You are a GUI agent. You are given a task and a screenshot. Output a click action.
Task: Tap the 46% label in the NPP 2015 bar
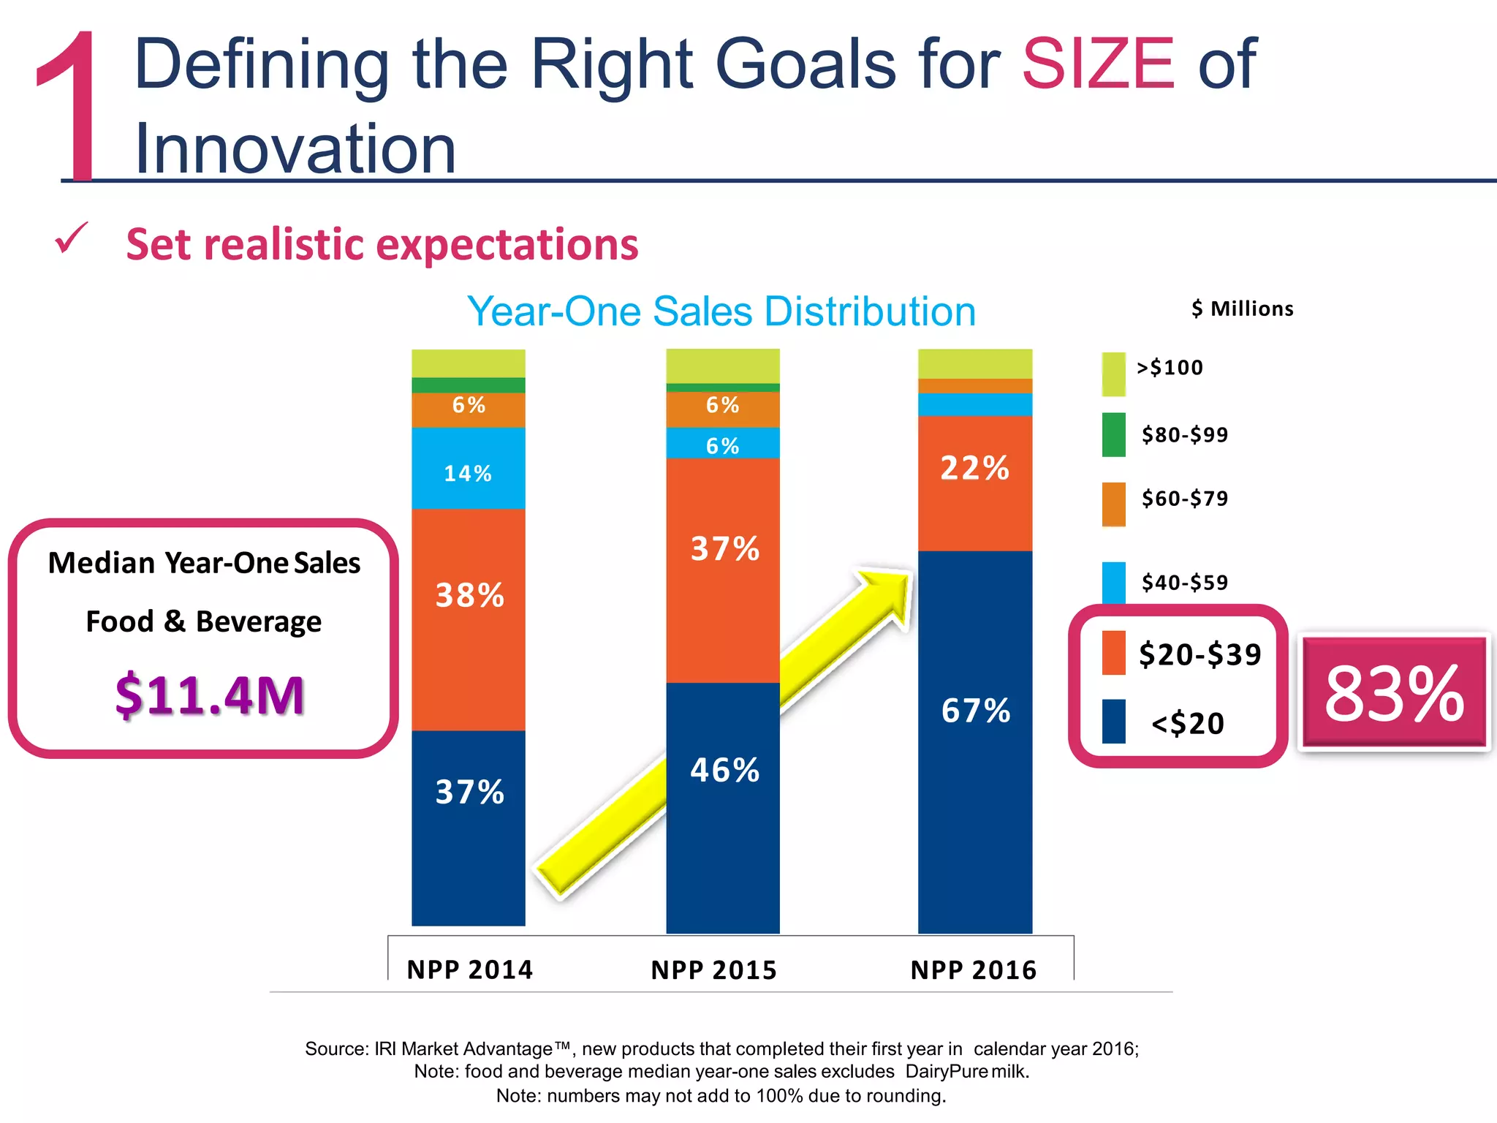pyautogui.click(x=724, y=771)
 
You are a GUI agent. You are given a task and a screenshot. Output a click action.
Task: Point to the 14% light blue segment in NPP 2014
pyautogui.click(x=468, y=473)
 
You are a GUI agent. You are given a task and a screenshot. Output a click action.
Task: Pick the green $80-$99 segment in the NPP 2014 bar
pyautogui.click(x=468, y=385)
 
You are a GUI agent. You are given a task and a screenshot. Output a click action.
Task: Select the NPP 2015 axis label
pyautogui.click(x=713, y=970)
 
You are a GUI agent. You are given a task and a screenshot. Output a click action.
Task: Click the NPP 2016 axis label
pyautogui.click(x=974, y=970)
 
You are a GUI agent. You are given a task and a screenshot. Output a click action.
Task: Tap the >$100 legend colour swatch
pyautogui.click(x=1113, y=374)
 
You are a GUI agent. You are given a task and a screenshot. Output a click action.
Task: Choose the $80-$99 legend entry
pyautogui.click(x=1184, y=435)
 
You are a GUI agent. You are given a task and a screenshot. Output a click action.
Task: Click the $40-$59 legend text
pyautogui.click(x=1184, y=583)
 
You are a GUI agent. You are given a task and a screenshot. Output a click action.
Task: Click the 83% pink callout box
pyautogui.click(x=1394, y=692)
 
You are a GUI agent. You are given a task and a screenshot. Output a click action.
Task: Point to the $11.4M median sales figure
pyautogui.click(x=209, y=695)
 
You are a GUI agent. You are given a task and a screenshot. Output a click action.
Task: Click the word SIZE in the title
pyautogui.click(x=1098, y=64)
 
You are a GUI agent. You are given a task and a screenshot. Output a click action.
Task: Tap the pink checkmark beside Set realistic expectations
pyautogui.click(x=72, y=238)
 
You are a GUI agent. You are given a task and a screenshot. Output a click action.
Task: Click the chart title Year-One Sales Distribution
pyautogui.click(x=721, y=311)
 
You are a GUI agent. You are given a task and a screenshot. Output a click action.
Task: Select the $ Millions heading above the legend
pyautogui.click(x=1242, y=309)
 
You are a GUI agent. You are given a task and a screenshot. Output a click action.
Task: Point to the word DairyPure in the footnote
pyautogui.click(x=946, y=1072)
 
